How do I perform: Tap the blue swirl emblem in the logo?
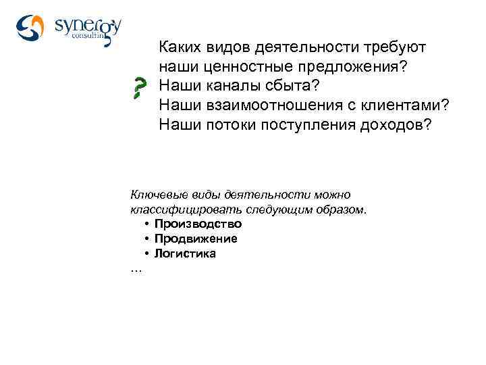tap(30, 27)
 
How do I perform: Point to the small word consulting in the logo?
tap(89, 39)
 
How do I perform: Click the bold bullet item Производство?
tap(198, 224)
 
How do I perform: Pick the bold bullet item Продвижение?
tap(195, 239)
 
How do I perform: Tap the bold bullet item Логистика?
tap(185, 253)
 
